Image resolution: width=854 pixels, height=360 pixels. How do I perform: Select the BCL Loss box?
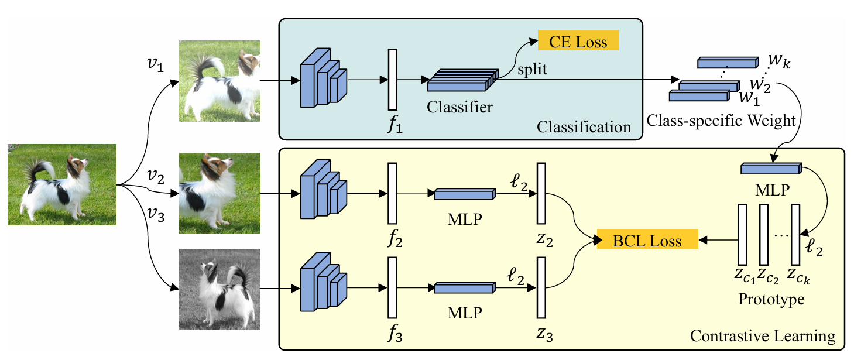(x=647, y=241)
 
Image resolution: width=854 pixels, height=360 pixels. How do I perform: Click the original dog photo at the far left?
(x=62, y=184)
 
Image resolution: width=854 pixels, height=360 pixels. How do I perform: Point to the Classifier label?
(x=459, y=107)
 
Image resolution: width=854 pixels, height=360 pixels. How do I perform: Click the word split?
(x=531, y=70)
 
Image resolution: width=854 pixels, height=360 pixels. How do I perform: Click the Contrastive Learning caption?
(x=763, y=337)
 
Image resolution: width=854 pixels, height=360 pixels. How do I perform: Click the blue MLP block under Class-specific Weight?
(x=770, y=169)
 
